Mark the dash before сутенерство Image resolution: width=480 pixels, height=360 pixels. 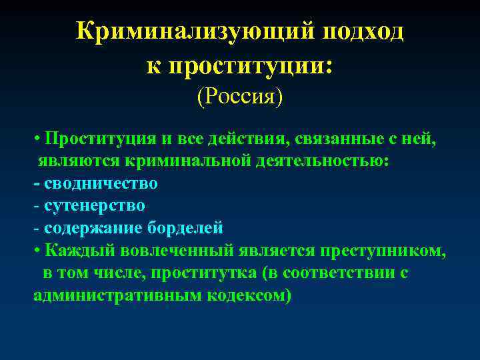tap(36, 205)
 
